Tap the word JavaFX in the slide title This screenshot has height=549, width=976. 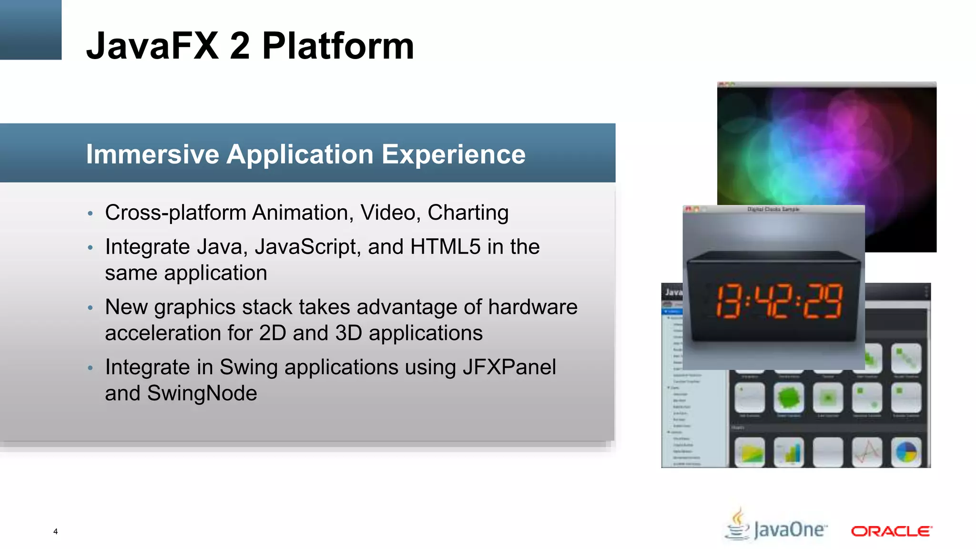pyautogui.click(x=152, y=46)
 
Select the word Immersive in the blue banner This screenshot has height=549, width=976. pyautogui.click(x=152, y=154)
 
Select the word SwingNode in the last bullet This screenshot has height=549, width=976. pyautogui.click(x=202, y=394)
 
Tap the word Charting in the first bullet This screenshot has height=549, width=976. pyautogui.click(x=468, y=213)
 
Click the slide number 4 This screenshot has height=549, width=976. pyautogui.click(x=55, y=531)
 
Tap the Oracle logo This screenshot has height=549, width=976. pyautogui.click(x=891, y=531)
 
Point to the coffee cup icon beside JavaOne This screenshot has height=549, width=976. pyautogui.click(x=738, y=524)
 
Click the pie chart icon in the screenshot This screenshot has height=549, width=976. pyautogui.click(x=906, y=452)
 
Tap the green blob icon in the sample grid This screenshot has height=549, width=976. pyautogui.click(x=789, y=397)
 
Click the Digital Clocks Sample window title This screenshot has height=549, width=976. pyautogui.click(x=773, y=209)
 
